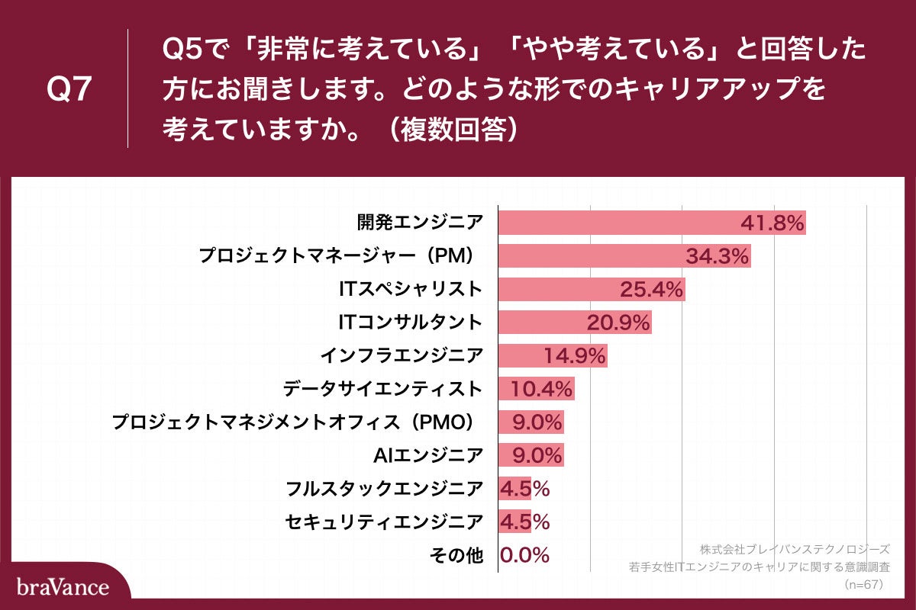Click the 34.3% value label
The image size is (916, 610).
[717, 256]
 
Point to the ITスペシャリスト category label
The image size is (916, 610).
[411, 289]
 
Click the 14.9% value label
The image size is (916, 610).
[575, 355]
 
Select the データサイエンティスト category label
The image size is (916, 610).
[382, 389]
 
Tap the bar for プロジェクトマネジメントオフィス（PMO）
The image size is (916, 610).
[531, 422]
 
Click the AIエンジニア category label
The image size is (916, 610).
[427, 455]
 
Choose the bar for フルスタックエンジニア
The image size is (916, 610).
[514, 488]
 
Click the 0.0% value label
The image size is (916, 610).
[525, 555]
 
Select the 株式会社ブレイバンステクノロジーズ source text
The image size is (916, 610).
[794, 549]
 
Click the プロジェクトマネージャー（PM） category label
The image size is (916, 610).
[340, 256]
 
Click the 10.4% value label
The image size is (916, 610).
[541, 389]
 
